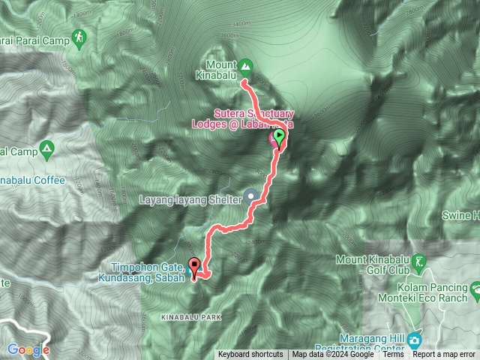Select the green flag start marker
(279, 137)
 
